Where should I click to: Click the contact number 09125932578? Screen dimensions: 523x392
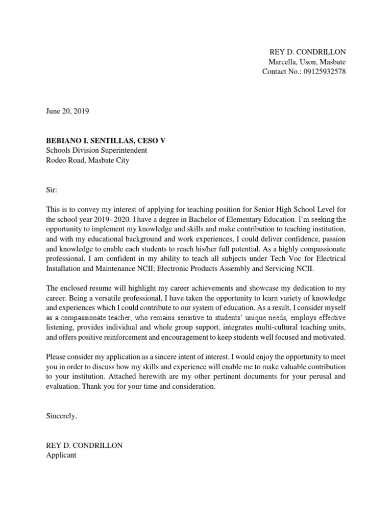[x=322, y=72]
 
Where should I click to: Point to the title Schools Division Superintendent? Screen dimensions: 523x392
[x=96, y=150]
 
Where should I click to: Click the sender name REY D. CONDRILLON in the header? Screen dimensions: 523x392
[x=307, y=52]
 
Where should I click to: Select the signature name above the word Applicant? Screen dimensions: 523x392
[x=84, y=445]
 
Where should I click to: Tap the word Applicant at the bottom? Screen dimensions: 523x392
[x=61, y=455]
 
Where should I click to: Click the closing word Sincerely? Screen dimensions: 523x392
[x=61, y=416]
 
